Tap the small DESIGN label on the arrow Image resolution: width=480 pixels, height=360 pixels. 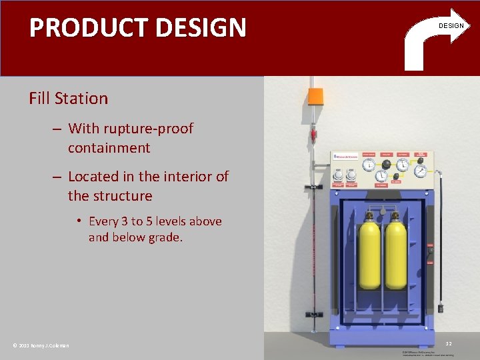pos(451,26)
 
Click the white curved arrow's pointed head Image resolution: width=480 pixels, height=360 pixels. pos(459,25)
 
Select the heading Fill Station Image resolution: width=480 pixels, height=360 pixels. pos(68,99)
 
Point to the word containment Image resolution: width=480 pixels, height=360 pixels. pos(109,147)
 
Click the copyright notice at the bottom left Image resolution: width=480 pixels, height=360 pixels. pos(41,345)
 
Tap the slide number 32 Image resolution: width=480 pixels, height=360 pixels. pos(449,343)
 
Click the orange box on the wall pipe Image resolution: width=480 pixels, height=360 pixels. pos(315,96)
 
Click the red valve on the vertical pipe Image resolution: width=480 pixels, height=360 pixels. pos(310,141)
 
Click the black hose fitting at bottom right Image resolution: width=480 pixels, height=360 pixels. pos(441,307)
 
